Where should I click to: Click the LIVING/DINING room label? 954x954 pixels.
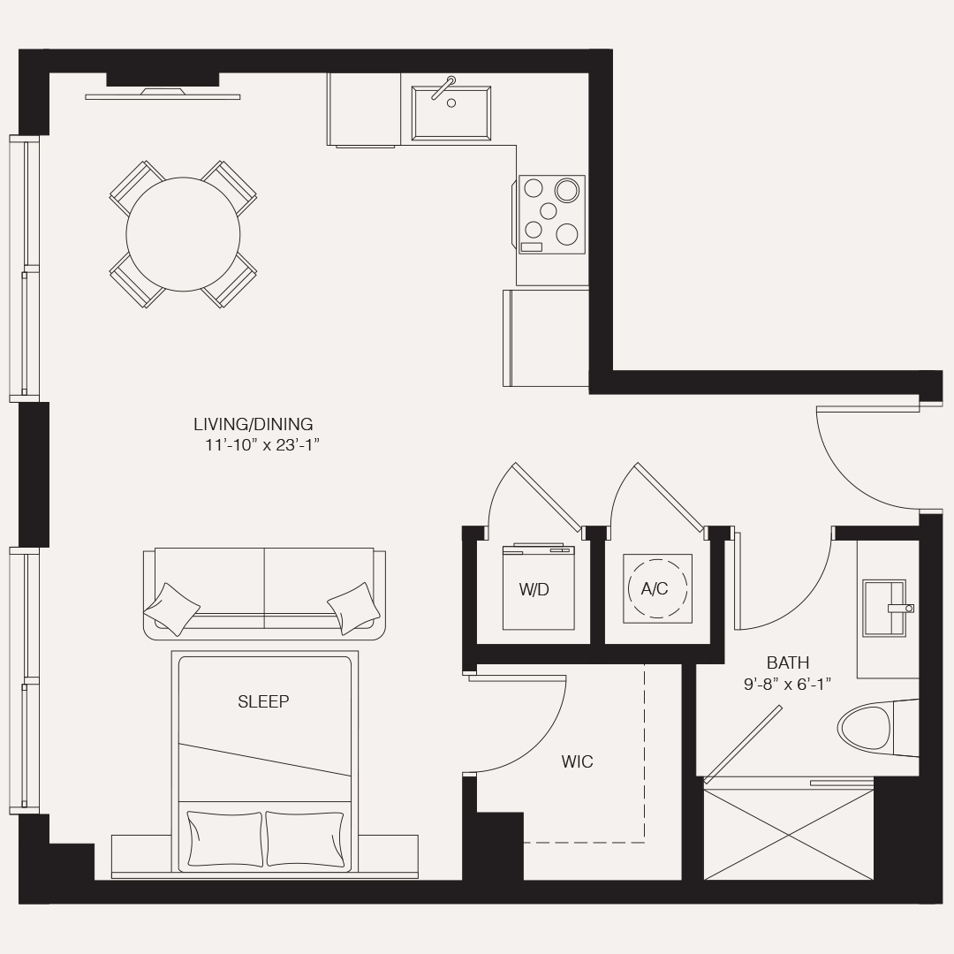[x=254, y=424]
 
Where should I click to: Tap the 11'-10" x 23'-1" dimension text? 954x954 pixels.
[x=262, y=444]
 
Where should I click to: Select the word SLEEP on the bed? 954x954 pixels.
[x=263, y=701]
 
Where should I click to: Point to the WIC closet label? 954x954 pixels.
[x=577, y=761]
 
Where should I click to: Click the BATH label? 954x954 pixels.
[x=788, y=662]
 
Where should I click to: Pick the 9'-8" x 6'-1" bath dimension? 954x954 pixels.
[x=787, y=685]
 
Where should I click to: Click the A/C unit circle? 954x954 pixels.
[x=657, y=588]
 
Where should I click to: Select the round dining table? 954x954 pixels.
[x=183, y=234]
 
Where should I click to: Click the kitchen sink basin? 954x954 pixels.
[x=451, y=113]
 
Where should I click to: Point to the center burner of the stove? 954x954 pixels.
[x=549, y=211]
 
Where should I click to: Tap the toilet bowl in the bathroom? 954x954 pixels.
[x=865, y=728]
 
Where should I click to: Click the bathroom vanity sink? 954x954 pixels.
[x=884, y=609]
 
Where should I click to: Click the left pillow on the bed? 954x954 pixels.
[x=225, y=838]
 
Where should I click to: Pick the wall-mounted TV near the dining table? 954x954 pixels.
[x=163, y=95]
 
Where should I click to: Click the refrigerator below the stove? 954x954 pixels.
[x=546, y=337]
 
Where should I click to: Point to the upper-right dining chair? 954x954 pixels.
[x=228, y=189]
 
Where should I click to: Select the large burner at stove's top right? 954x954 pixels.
[x=566, y=190]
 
